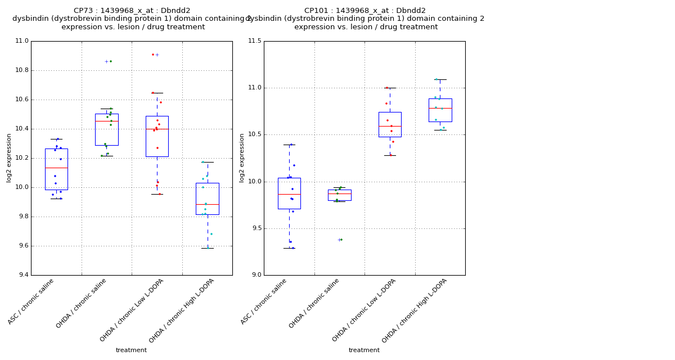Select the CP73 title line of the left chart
[132, 11]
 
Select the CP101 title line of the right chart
[365, 11]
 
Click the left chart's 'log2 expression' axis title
[9, 157]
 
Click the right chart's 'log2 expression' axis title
[242, 157]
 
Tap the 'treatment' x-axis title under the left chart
[131, 350]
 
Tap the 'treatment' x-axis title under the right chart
[364, 350]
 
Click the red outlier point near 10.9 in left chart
[152, 55]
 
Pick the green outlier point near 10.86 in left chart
[111, 61]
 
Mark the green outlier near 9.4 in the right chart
[341, 240]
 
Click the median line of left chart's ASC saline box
[56, 168]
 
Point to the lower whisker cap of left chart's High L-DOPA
[208, 248]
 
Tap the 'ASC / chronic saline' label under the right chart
[264, 301]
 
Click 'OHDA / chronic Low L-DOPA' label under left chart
[132, 310]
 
